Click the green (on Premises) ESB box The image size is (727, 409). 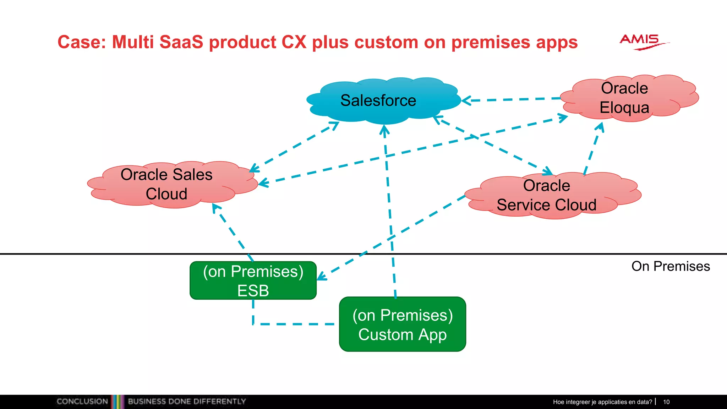pyautogui.click(x=253, y=281)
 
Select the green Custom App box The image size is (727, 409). pyautogui.click(x=402, y=325)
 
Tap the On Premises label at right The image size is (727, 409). pyautogui.click(x=670, y=266)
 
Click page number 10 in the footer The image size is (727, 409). pyautogui.click(x=666, y=402)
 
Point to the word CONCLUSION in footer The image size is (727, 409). pyautogui.click(x=82, y=402)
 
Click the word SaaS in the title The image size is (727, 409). pyautogui.click(x=181, y=42)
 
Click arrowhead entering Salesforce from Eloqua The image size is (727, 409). pyautogui.click(x=465, y=101)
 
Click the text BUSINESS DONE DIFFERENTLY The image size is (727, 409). pyautogui.click(x=187, y=402)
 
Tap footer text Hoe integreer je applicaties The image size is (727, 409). pyautogui.click(x=602, y=402)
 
